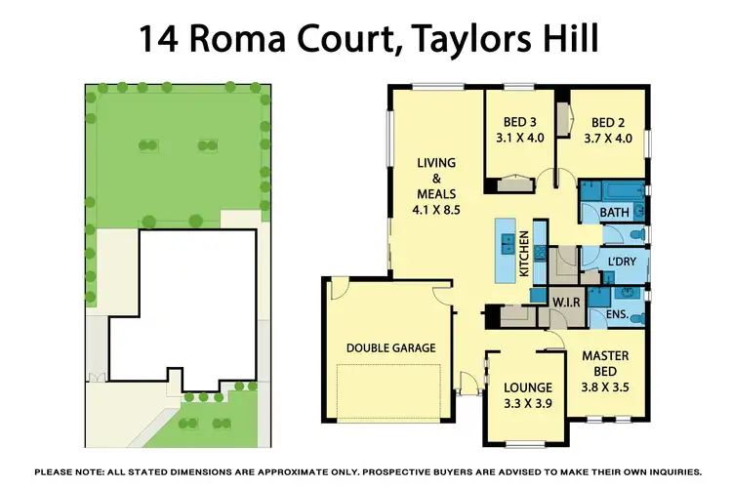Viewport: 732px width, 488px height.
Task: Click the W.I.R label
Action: pos(568,303)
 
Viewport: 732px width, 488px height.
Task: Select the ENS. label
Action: pos(617,315)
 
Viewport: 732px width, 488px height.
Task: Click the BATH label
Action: pos(614,212)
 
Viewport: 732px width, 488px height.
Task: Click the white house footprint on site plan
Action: pos(185,303)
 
